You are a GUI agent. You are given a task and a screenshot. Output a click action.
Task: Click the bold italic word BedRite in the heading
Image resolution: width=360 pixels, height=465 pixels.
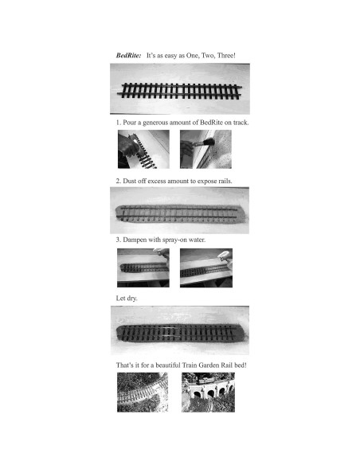[x=128, y=56]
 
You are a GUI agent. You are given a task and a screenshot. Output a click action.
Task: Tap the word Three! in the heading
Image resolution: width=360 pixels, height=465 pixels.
[x=226, y=56]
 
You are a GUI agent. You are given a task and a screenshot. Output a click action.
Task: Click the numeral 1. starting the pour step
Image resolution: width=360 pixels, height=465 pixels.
[x=119, y=123]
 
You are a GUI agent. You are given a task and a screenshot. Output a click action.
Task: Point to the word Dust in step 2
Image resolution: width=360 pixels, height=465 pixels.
[x=129, y=181]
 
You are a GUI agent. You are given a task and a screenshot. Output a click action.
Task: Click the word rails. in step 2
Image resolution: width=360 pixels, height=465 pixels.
[x=225, y=181]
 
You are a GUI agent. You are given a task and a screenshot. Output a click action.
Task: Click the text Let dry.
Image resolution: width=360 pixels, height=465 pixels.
[x=127, y=298]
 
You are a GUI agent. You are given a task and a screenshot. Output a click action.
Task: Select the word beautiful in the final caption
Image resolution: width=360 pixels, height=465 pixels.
[x=167, y=365]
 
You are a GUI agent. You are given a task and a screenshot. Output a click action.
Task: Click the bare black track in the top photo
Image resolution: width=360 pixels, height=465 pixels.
[x=179, y=91]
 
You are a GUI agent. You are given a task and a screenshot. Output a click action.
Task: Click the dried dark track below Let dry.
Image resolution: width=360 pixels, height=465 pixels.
[x=180, y=333]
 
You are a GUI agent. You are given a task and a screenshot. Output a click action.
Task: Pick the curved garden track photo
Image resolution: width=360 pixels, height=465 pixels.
[x=143, y=393]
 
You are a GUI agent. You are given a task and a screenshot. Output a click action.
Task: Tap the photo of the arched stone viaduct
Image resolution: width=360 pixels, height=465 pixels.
[x=208, y=393]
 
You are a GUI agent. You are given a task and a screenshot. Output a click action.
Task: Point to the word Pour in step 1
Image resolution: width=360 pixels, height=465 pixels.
[x=129, y=123]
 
